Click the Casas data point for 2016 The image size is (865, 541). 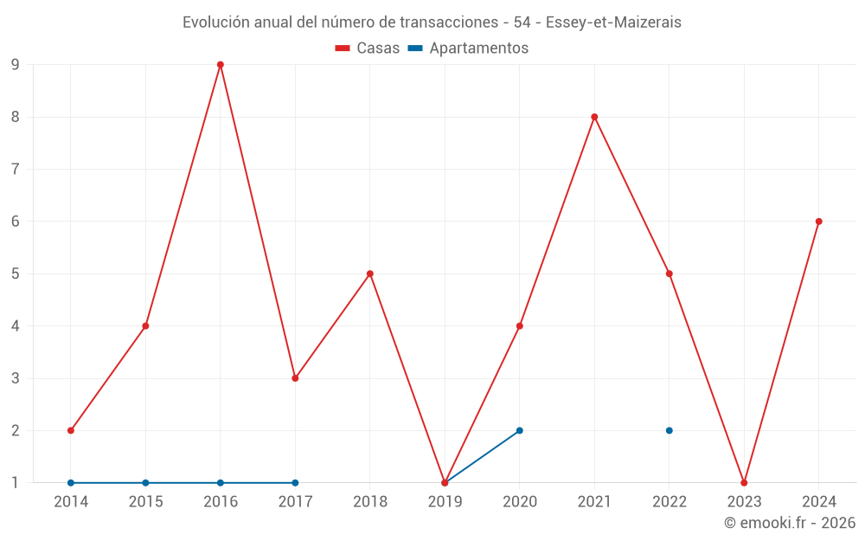pos(221,65)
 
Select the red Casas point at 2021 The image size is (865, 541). pos(594,117)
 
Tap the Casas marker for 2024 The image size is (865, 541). pos(818,222)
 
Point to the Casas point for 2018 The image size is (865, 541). pos(370,274)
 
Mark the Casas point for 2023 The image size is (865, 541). pos(744,483)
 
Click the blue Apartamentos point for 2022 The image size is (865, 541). pos(670,430)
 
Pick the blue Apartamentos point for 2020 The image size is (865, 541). pos(520,430)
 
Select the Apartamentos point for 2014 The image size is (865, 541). pos(71,483)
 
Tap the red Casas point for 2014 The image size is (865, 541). pos(71,430)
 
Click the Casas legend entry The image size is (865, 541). pos(368,48)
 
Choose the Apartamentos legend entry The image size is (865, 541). pos(468,48)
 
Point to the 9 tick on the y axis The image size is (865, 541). pos(15,65)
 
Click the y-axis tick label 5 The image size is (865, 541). pos(15,274)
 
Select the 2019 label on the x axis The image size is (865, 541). pos(445,501)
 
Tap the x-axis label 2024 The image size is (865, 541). pos(818,501)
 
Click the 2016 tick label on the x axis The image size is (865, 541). pos(221,501)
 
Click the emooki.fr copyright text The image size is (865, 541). pos(790,523)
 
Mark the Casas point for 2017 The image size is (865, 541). pos(295,378)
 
